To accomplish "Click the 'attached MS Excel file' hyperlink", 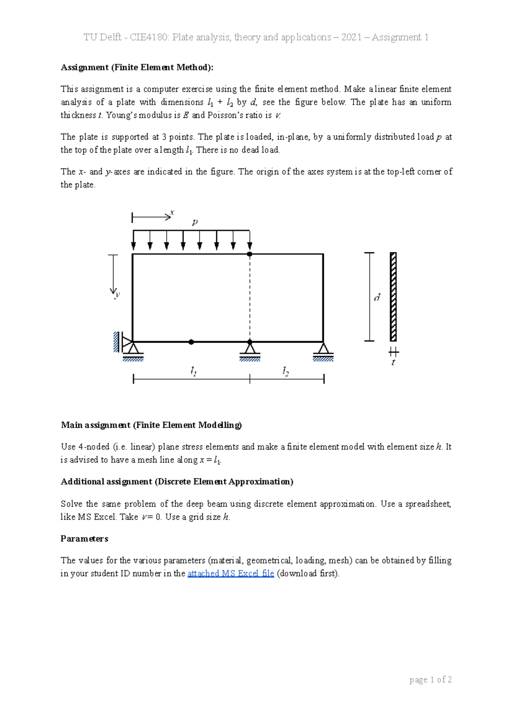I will pos(230,573).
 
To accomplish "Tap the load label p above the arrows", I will pos(195,222).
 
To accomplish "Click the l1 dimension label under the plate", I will pos(194,371).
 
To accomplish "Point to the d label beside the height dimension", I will pos(377,297).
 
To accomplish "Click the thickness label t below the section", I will pos(393,363).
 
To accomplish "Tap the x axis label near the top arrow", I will pos(172,212).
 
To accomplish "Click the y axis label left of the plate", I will pos(117,294).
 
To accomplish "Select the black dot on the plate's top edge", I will pos(250,254).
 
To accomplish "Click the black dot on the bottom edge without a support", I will pos(191,342).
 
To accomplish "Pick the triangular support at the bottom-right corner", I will pos(323,350).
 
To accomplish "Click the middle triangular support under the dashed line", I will pos(250,350).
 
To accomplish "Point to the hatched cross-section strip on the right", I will pos(393,297).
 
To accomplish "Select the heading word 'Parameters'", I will pos(84,539).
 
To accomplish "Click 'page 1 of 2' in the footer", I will pos(430,680).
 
